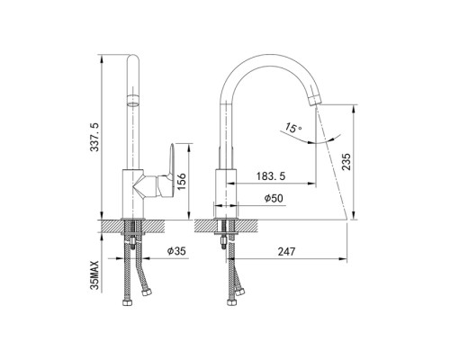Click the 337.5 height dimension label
[95, 137]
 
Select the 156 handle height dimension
[182, 182]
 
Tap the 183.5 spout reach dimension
[271, 176]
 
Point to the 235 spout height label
[346, 162]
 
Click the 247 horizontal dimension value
[286, 251]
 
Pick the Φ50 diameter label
[274, 198]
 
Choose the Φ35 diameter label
[176, 251]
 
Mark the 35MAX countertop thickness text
[94, 275]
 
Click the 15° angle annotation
[293, 128]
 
